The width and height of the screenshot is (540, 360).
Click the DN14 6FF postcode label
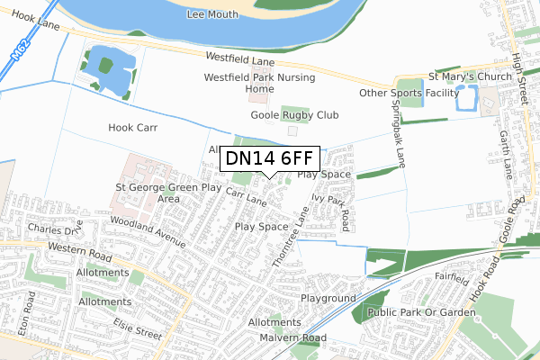pos(270,159)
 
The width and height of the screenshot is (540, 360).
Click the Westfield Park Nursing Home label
pos(260,83)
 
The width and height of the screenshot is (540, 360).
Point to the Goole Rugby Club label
pos(294,115)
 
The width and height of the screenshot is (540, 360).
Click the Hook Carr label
pos(133,128)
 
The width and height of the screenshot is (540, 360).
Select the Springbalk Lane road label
pos(396,130)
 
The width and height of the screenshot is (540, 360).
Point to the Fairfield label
pos(451,279)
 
